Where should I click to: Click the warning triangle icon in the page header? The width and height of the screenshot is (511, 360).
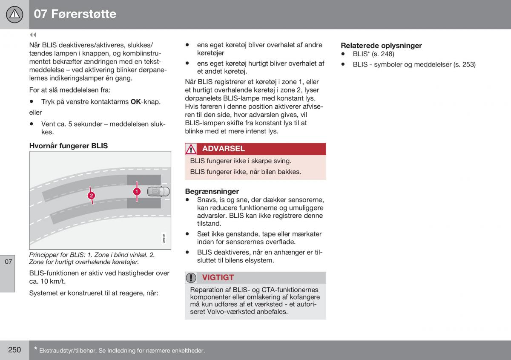14,14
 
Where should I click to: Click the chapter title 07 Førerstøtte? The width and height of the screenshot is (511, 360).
75,14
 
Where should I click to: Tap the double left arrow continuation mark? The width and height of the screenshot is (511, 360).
33,35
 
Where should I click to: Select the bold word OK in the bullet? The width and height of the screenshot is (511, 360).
135,101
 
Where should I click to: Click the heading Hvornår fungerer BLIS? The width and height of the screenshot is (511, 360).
69,146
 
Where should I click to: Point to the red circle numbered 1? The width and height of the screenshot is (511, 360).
137,192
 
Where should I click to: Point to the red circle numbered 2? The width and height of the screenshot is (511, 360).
91,196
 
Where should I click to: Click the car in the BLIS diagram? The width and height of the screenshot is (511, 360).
158,192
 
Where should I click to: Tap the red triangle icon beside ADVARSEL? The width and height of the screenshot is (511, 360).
191,149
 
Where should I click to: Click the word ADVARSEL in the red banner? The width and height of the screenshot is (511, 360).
223,149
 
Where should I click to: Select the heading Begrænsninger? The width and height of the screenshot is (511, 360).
212,191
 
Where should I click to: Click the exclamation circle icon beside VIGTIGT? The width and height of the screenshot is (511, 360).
191,278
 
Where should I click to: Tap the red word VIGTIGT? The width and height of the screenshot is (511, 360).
218,278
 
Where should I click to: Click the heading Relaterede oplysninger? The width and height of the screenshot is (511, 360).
381,46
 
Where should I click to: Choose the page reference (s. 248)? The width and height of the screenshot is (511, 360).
383,54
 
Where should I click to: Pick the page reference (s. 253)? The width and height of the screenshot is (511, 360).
465,65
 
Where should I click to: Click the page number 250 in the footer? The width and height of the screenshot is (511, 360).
14,350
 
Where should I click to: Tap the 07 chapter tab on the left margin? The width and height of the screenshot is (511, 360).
8,262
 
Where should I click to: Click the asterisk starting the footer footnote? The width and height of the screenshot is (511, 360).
36,348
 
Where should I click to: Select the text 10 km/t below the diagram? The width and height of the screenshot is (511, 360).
53,282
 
